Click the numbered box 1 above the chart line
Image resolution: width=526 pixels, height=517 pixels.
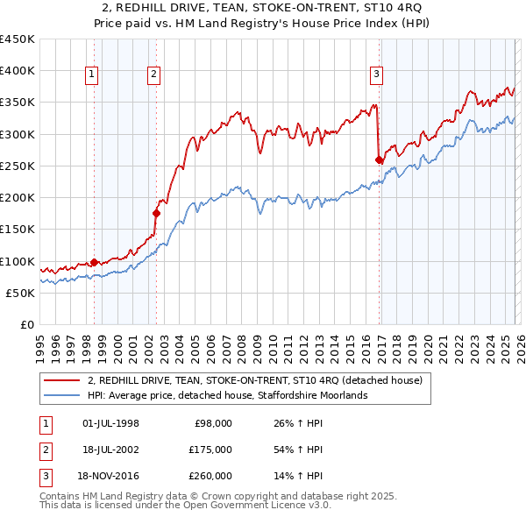92,75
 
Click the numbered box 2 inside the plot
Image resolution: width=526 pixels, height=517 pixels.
153,75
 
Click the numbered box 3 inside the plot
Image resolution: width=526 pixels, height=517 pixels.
376,75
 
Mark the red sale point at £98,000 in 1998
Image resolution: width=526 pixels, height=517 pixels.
94,262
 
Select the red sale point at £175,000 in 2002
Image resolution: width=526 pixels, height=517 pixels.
157,213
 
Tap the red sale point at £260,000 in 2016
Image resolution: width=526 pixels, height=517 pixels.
379,159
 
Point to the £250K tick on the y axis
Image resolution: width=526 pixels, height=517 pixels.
18,166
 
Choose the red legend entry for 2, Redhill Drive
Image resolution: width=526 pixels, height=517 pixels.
254,380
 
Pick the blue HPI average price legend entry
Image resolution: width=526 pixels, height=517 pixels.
228,395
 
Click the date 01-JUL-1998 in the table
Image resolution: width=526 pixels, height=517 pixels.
110,423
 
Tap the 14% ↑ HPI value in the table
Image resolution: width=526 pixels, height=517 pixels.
298,476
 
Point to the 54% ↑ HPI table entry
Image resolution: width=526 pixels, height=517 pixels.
298,450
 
